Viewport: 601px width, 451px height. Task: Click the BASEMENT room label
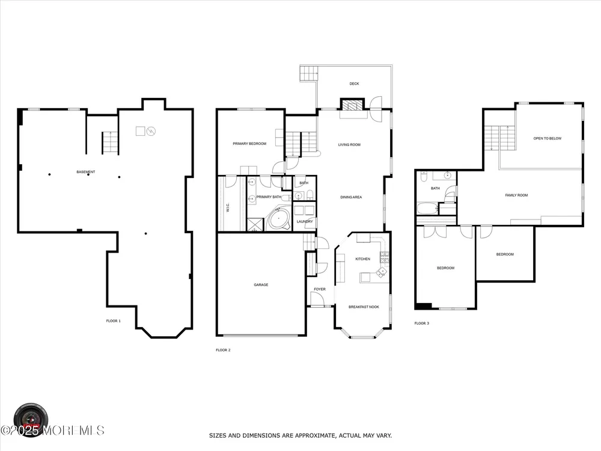pos(86,172)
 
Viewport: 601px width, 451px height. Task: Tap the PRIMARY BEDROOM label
pos(249,144)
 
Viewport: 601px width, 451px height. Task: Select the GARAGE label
pos(261,285)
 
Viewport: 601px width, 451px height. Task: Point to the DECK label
pos(354,84)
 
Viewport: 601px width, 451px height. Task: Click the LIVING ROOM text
pos(349,145)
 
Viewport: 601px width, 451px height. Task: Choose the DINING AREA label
pos(351,197)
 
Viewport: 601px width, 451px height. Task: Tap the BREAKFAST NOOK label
pos(364,307)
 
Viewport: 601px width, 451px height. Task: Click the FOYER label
pos(320,289)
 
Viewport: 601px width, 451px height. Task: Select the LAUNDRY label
pos(305,222)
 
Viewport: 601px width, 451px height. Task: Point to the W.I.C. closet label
pos(228,208)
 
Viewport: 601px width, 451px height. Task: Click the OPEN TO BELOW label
pos(548,138)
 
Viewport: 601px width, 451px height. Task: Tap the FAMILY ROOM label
pos(516,195)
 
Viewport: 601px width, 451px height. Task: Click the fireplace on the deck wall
pos(352,105)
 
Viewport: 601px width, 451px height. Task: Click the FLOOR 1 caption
pos(114,321)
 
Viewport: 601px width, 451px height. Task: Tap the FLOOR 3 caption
pos(422,324)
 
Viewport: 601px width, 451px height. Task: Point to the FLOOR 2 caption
pos(223,350)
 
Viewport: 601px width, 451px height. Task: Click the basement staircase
pos(110,143)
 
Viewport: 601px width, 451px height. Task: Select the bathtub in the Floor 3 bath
pos(427,209)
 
